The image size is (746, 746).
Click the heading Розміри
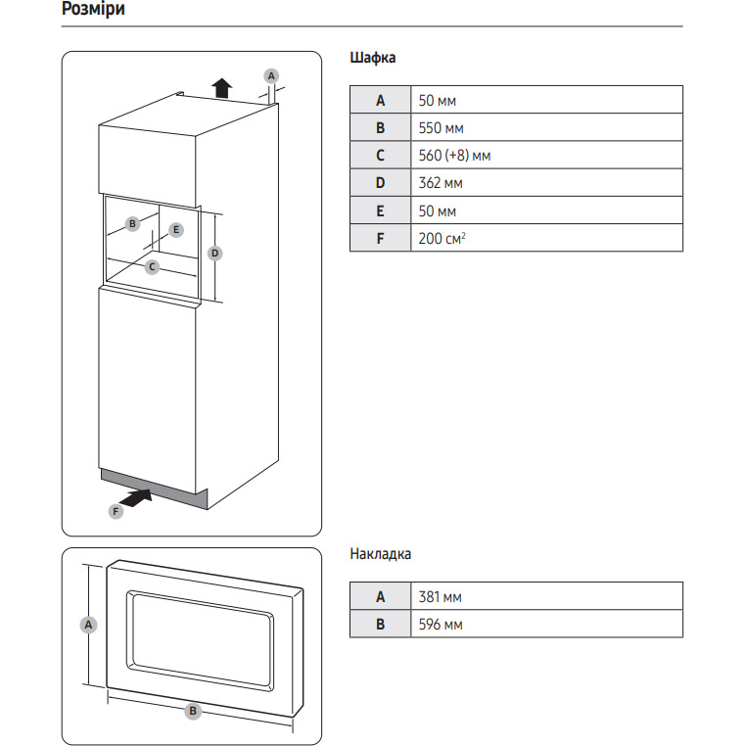(x=92, y=11)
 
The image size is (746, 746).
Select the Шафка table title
(x=373, y=58)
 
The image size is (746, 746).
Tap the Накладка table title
(x=381, y=554)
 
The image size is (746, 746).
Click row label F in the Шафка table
(x=381, y=238)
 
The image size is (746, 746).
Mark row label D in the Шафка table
(x=381, y=182)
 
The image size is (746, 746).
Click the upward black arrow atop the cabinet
(x=222, y=88)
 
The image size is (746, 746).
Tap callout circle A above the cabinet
(x=271, y=74)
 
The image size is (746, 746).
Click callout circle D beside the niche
(x=215, y=254)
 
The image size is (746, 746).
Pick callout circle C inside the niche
(x=153, y=266)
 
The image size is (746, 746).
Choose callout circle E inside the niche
(x=176, y=230)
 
